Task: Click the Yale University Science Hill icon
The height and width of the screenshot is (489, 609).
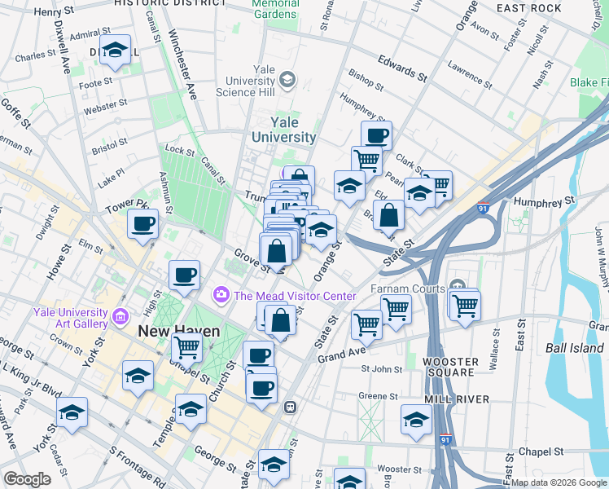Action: point(287,80)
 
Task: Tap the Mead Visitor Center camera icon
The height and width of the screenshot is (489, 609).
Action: point(221,294)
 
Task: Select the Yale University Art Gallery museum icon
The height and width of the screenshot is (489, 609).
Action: point(120,315)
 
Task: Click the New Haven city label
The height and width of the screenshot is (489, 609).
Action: point(179,332)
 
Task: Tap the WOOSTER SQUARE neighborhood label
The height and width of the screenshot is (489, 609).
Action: point(449,366)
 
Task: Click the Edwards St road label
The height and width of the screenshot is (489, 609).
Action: point(402,68)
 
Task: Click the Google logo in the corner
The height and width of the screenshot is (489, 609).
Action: point(28,479)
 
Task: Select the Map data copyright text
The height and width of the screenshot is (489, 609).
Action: point(559,482)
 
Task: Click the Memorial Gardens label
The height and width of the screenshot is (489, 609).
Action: point(275,8)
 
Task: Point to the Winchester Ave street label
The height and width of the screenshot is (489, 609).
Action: point(183,65)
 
